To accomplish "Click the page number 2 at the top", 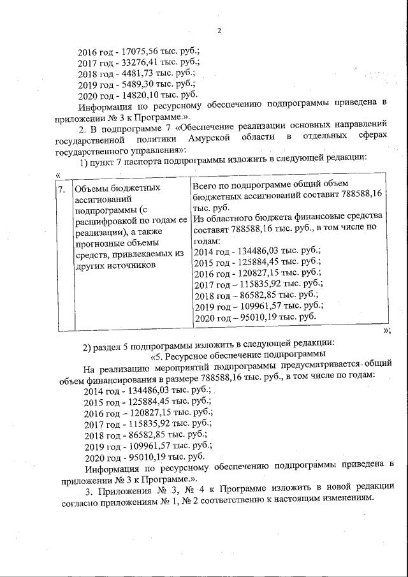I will tap(218, 31).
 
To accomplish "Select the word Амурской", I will tap(233, 137).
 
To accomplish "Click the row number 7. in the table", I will tap(62, 189).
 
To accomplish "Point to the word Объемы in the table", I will tap(92, 189).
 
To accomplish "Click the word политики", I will tap(173, 137).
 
